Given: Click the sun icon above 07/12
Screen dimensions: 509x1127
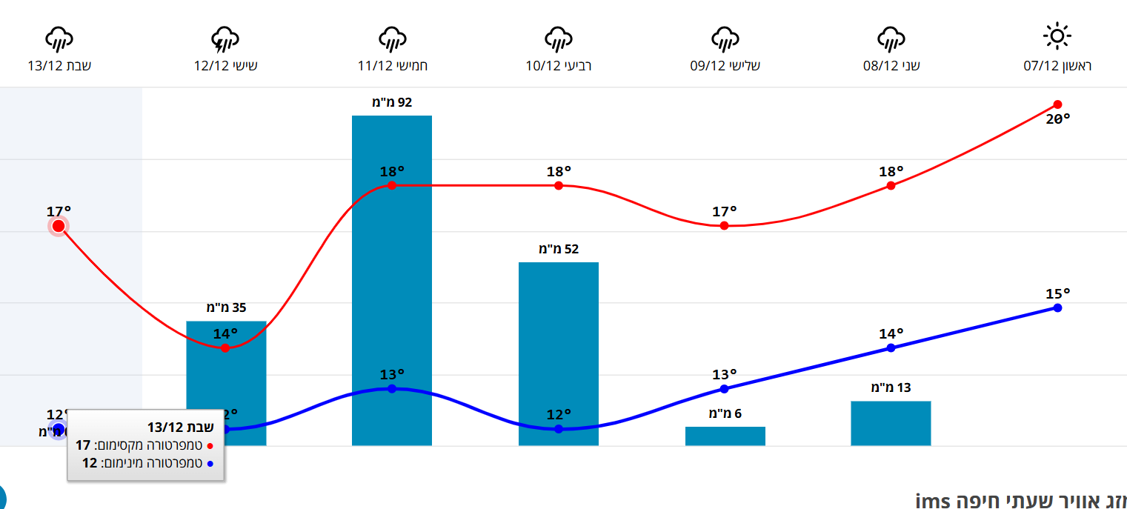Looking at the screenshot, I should [1057, 36].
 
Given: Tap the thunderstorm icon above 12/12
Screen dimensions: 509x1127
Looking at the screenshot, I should [225, 39].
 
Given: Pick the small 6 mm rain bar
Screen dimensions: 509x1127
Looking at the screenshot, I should [725, 436].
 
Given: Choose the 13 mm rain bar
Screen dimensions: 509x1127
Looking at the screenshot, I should [891, 423].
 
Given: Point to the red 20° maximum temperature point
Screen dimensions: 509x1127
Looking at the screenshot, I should [1057, 104].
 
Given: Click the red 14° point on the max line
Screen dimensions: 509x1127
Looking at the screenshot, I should [225, 347].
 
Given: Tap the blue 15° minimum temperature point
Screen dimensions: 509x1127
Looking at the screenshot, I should [1057, 307].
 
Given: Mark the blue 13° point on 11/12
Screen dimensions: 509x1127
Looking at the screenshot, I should [392, 388].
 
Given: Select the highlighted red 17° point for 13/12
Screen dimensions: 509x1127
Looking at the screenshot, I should [59, 226].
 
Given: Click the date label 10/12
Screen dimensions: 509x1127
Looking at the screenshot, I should [558, 66].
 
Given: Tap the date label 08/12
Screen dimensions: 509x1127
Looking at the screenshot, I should [891, 66].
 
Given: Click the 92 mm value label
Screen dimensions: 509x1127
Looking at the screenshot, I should [392, 102].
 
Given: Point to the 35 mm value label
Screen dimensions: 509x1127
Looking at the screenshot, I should [226, 307].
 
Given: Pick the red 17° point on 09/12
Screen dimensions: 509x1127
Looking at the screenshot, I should [724, 225].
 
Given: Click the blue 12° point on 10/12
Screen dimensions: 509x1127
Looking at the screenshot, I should [558, 429].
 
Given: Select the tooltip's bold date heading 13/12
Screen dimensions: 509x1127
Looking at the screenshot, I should [180, 427].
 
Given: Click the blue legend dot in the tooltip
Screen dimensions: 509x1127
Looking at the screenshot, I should [210, 464].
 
